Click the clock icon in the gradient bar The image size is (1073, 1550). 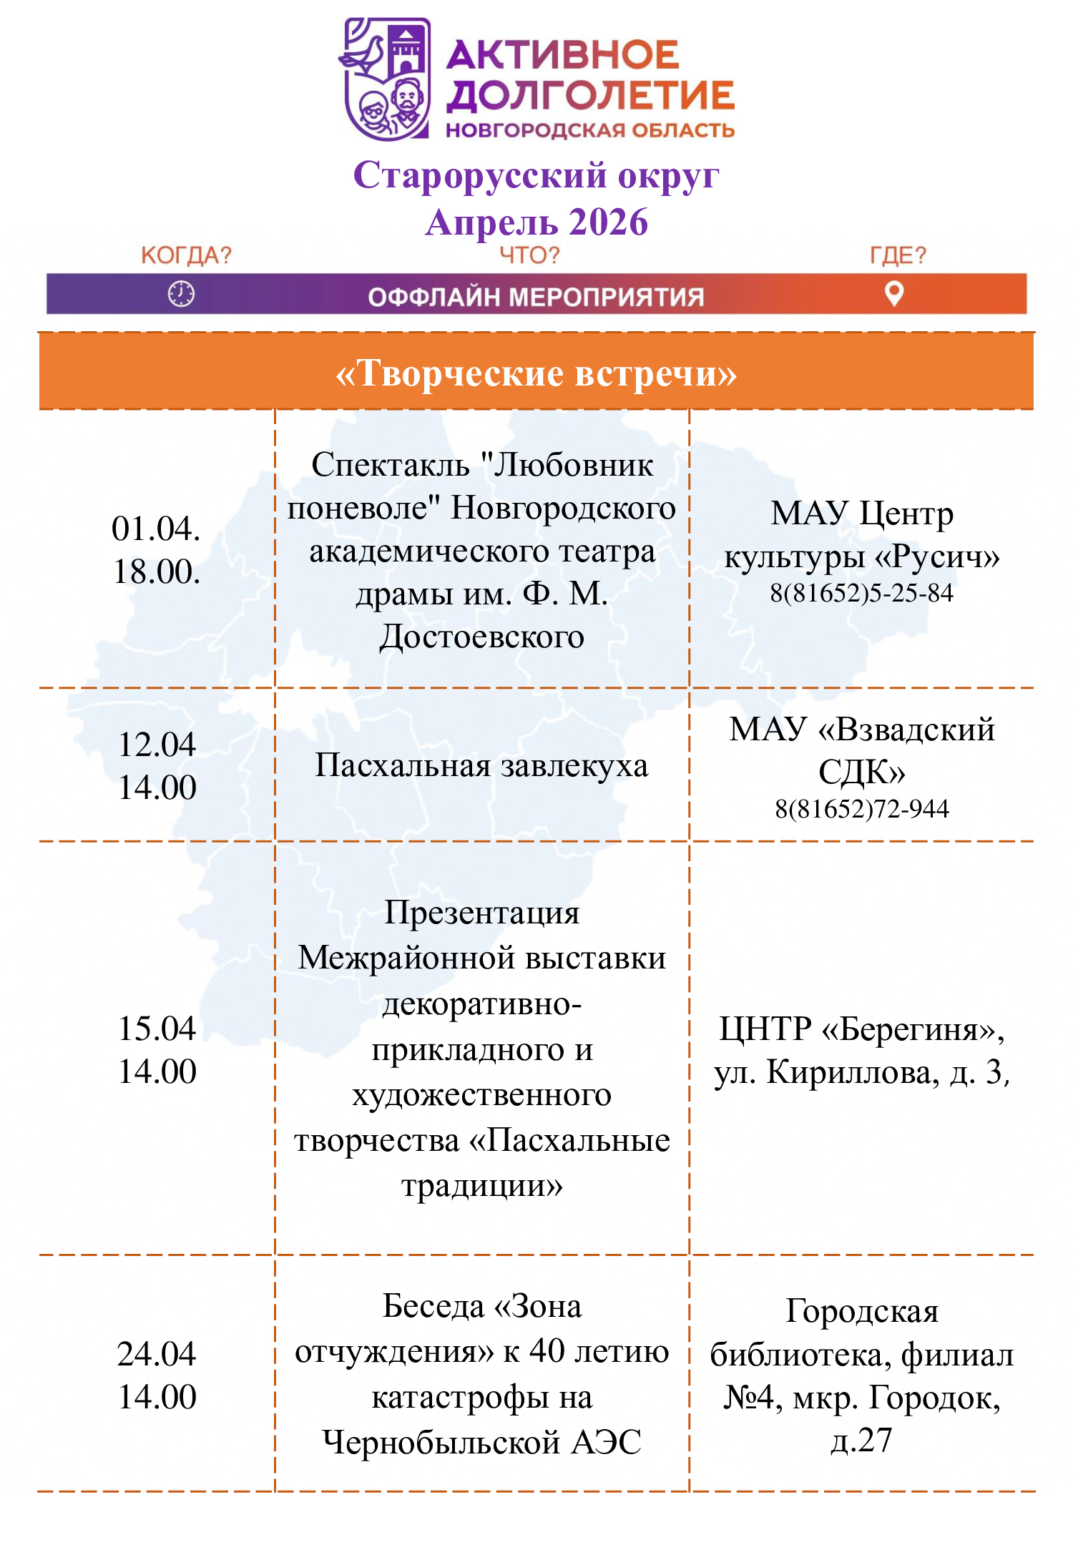click(x=181, y=294)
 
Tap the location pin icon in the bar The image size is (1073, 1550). click(x=894, y=293)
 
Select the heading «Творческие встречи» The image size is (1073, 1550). click(x=536, y=373)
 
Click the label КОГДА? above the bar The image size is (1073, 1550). click(x=186, y=255)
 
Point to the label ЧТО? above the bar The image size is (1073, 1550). click(x=529, y=255)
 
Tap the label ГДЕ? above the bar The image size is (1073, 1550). click(x=898, y=255)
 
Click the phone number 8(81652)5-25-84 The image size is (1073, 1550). click(x=861, y=593)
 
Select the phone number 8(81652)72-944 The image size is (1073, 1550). click(x=861, y=809)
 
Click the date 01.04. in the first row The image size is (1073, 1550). click(x=156, y=529)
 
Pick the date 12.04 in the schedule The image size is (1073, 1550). click(x=157, y=745)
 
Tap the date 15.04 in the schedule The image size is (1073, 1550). click(x=157, y=1029)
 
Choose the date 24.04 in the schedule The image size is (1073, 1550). click(x=157, y=1354)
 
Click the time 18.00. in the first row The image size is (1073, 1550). click(x=157, y=572)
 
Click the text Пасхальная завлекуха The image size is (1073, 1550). click(x=481, y=766)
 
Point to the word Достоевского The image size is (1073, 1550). click(x=481, y=637)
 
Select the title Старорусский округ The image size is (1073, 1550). click(x=536, y=176)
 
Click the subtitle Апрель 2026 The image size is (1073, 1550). click(x=536, y=222)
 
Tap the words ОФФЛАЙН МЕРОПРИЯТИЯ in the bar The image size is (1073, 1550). click(x=536, y=297)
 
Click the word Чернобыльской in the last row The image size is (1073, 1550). click(x=440, y=1443)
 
